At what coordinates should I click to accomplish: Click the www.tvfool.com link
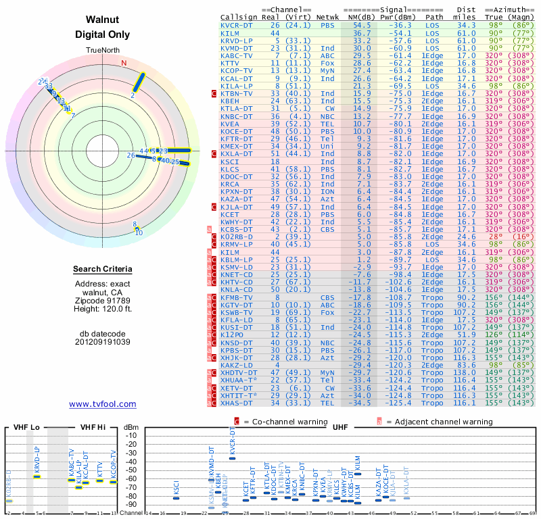(x=103, y=404)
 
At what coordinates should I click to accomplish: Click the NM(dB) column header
(x=362, y=16)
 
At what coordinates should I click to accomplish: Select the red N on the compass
(x=124, y=63)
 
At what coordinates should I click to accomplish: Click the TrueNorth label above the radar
(x=103, y=51)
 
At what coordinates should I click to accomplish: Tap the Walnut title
(x=103, y=20)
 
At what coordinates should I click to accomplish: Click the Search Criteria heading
(x=103, y=270)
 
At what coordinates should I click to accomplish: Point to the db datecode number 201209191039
(x=103, y=342)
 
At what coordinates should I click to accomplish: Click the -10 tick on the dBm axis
(x=131, y=435)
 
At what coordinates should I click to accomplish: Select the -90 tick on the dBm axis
(x=131, y=504)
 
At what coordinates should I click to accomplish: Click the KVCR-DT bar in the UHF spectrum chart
(x=233, y=458)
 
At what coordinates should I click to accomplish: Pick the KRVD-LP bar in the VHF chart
(x=38, y=476)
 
